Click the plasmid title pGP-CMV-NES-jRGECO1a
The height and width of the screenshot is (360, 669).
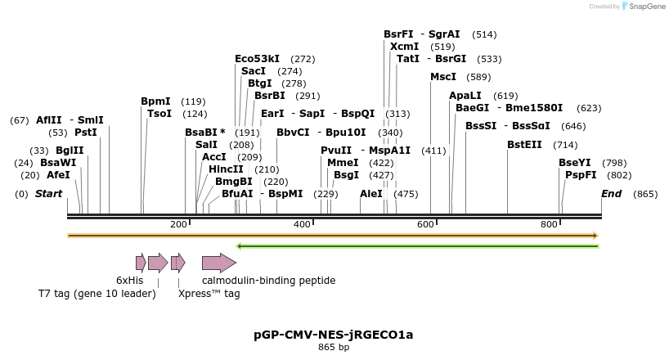point(334,334)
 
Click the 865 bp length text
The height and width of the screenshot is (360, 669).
point(334,347)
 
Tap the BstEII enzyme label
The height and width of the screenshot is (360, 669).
point(524,145)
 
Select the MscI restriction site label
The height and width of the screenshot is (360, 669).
point(443,77)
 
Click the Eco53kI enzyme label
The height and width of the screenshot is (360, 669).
point(257,59)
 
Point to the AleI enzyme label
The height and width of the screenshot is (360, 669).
point(370,194)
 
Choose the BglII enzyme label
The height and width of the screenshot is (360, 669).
point(70,151)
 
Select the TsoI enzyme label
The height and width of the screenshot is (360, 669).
point(159,114)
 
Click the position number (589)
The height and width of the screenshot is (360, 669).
point(478,77)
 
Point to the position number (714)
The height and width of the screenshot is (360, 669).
point(565,145)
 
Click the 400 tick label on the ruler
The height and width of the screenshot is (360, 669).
point(302,224)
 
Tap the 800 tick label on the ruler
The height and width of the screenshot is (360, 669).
point(549,224)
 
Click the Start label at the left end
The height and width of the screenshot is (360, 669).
point(48,194)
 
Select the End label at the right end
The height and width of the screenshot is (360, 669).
point(612,194)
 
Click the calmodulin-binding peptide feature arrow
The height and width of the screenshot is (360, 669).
point(218,263)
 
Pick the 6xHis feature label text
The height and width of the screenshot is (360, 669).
point(130,281)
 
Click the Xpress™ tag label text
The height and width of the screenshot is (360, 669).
point(209,293)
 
